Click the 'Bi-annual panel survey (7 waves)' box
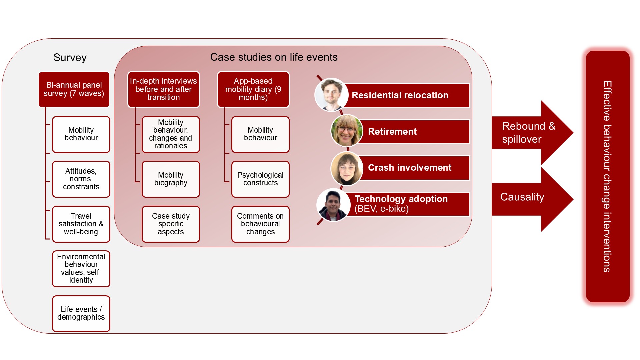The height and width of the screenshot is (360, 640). [x=74, y=89]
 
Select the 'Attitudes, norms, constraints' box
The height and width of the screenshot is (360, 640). [x=81, y=179]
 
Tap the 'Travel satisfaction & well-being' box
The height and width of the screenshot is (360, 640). [x=81, y=224]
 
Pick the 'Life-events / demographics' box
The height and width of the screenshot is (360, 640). [x=81, y=313]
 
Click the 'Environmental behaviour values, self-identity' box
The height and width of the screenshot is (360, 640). [x=81, y=269]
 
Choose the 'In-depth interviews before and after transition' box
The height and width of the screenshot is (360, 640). [x=163, y=89]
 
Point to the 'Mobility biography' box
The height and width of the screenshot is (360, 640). [x=171, y=179]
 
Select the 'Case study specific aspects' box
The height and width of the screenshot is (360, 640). [x=171, y=224]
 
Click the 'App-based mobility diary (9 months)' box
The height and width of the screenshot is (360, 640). [x=253, y=89]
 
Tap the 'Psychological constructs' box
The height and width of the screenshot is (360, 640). [x=260, y=179]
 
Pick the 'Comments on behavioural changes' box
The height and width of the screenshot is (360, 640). [x=260, y=224]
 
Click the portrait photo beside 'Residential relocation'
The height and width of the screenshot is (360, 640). [x=332, y=95]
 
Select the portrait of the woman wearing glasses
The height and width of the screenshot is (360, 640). [x=347, y=131]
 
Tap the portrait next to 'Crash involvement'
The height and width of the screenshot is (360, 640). [x=347, y=169]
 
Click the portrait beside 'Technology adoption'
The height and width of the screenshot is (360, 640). [x=333, y=205]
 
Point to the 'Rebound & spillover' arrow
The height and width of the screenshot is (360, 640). [x=532, y=133]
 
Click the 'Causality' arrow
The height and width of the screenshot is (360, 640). [x=532, y=199]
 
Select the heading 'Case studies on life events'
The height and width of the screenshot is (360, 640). [x=274, y=57]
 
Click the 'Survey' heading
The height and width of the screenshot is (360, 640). [x=70, y=58]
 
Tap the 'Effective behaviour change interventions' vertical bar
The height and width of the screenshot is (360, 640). [x=608, y=177]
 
